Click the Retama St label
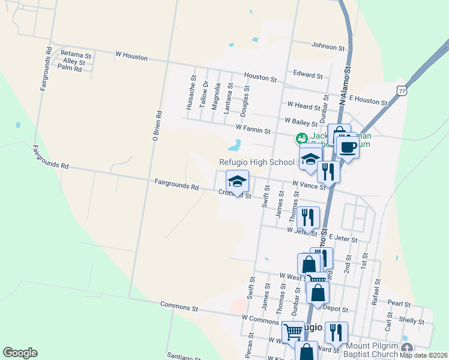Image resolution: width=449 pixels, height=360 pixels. click(76, 55)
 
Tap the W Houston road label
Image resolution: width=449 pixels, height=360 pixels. click(131, 56)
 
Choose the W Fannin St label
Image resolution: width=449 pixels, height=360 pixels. click(253, 128)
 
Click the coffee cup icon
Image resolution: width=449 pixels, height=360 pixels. click(348, 146)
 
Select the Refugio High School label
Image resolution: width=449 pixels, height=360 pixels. click(257, 162)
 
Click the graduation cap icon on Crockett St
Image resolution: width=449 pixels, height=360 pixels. click(237, 181)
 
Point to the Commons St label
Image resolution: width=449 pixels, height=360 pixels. click(179, 307)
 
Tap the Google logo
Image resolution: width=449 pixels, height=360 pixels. click(20, 353)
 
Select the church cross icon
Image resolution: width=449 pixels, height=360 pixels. click(407, 348)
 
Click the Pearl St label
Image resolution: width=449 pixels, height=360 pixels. click(399, 304)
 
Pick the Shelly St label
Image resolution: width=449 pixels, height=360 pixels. click(412, 322)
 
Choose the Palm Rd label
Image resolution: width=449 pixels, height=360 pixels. click(69, 69)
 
